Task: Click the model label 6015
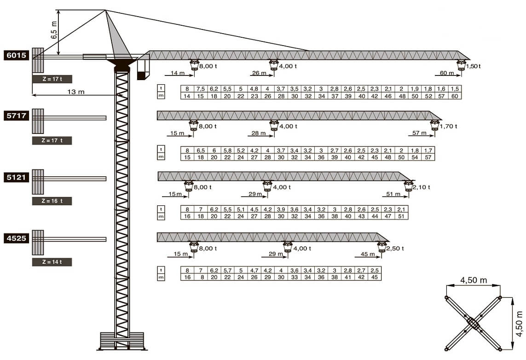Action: pos(16,55)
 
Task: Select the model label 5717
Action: pos(16,116)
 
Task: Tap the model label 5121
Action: pos(16,178)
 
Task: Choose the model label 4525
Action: pos(16,238)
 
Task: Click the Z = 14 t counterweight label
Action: pos(52,262)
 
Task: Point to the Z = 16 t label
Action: pos(52,201)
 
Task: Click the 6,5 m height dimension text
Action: pos(54,30)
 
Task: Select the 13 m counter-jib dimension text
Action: pos(76,92)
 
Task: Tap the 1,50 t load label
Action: pos(474,66)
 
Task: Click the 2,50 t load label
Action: pos(395,248)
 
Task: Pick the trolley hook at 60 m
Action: pos(461,65)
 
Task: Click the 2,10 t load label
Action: pos(422,187)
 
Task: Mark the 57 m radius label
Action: pos(419,133)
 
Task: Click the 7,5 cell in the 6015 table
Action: pos(201,89)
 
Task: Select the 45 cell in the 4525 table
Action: pos(375,277)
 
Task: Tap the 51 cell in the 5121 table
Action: pos(401,216)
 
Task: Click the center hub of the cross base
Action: pos(473,323)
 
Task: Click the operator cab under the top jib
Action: pos(143,67)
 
